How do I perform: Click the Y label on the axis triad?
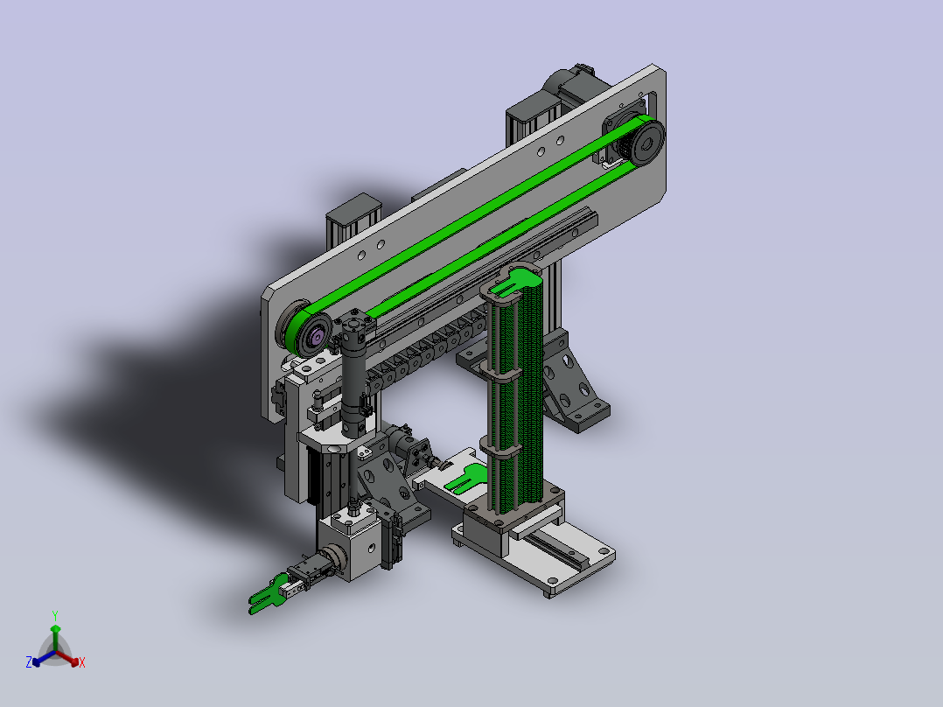point(55,615)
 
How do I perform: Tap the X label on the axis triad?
point(82,662)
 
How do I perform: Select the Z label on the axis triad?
point(29,662)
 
